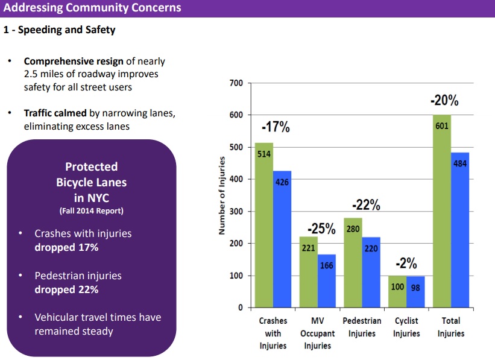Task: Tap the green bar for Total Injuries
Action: coord(442,211)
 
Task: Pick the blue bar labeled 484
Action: coord(460,230)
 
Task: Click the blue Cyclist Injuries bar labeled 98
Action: coord(415,292)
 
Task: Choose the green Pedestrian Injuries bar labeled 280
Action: coord(353,262)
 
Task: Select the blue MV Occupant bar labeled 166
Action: coord(326,281)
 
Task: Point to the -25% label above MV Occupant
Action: coord(321,229)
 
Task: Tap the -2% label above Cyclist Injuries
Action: coord(406,264)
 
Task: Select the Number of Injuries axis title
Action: coord(222,195)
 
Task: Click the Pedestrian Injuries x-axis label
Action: coord(362,327)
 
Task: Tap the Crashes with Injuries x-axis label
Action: coord(273,333)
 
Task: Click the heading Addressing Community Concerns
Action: coord(92,8)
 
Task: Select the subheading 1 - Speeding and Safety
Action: coord(59,30)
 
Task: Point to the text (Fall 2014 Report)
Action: coord(91,211)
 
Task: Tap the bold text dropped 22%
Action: coord(66,289)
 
